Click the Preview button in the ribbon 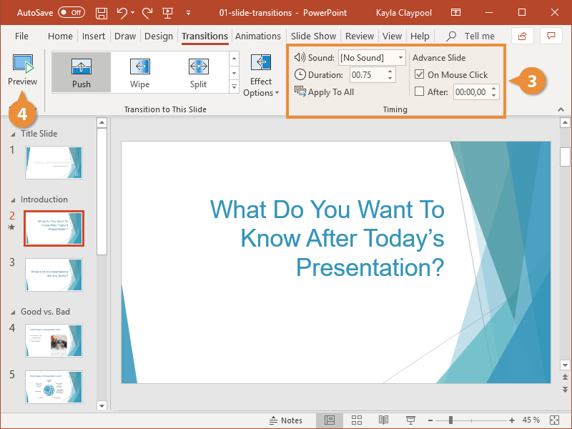[22, 71]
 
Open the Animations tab [258, 36]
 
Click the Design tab [158, 36]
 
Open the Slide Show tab [313, 36]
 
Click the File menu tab [21, 36]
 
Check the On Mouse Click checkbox [420, 74]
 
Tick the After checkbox [420, 92]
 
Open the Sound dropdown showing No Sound [371, 57]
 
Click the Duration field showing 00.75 [366, 74]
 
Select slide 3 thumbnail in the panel [54, 275]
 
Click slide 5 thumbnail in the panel [54, 387]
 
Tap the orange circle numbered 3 [531, 82]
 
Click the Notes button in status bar [285, 420]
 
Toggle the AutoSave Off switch [71, 13]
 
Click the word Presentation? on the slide [370, 267]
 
